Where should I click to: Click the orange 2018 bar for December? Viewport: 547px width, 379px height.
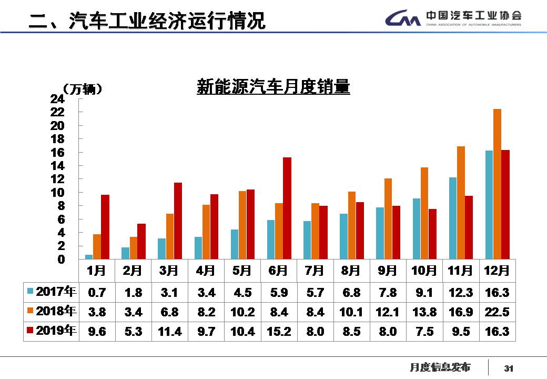pyautogui.click(x=497, y=184)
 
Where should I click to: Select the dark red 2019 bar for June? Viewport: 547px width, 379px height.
pyautogui.click(x=287, y=208)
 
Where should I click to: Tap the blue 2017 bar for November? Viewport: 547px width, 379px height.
pyautogui.click(x=452, y=218)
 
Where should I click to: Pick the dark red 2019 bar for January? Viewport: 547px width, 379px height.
pyautogui.click(x=105, y=226)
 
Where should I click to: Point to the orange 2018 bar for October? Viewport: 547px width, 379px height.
pyautogui.click(x=424, y=213)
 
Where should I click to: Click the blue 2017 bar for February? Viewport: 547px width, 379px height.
pyautogui.click(x=125, y=253)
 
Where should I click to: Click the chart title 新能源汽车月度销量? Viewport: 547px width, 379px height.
pyautogui.click(x=273, y=87)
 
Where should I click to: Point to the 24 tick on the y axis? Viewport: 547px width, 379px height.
pyautogui.click(x=57, y=99)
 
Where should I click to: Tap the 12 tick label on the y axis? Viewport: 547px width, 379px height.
pyautogui.click(x=57, y=179)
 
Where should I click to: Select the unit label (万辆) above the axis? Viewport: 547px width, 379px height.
pyautogui.click(x=82, y=89)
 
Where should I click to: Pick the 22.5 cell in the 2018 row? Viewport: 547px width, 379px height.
pyautogui.click(x=497, y=312)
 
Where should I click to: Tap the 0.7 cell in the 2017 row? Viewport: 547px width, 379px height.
pyautogui.click(x=97, y=293)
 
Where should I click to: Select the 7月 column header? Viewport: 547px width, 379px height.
pyautogui.click(x=315, y=271)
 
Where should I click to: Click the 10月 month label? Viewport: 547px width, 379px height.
pyautogui.click(x=424, y=271)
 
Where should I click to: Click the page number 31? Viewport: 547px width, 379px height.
pyautogui.click(x=508, y=368)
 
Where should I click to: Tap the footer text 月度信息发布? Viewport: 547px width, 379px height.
pyautogui.click(x=440, y=367)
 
